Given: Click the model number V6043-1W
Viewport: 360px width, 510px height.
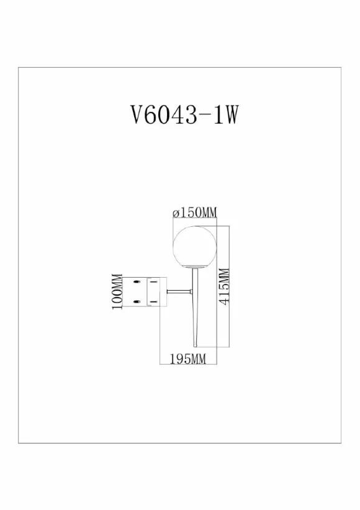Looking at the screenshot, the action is (x=184, y=115).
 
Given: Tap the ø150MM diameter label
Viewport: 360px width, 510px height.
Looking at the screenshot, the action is (x=195, y=212).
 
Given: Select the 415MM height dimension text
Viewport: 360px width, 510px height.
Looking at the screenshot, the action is (x=224, y=286).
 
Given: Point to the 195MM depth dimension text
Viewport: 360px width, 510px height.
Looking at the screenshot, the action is (x=188, y=359).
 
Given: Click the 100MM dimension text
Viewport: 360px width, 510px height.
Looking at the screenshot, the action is (x=117, y=292).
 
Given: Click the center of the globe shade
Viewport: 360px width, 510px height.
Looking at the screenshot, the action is (x=195, y=247).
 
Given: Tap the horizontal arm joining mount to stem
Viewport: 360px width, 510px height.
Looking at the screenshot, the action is (x=179, y=292).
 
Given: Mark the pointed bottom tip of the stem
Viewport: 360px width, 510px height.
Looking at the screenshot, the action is (x=195, y=347).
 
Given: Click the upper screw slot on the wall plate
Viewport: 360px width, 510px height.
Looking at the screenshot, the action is (x=137, y=281).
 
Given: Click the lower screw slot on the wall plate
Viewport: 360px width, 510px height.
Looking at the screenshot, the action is (x=137, y=302).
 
